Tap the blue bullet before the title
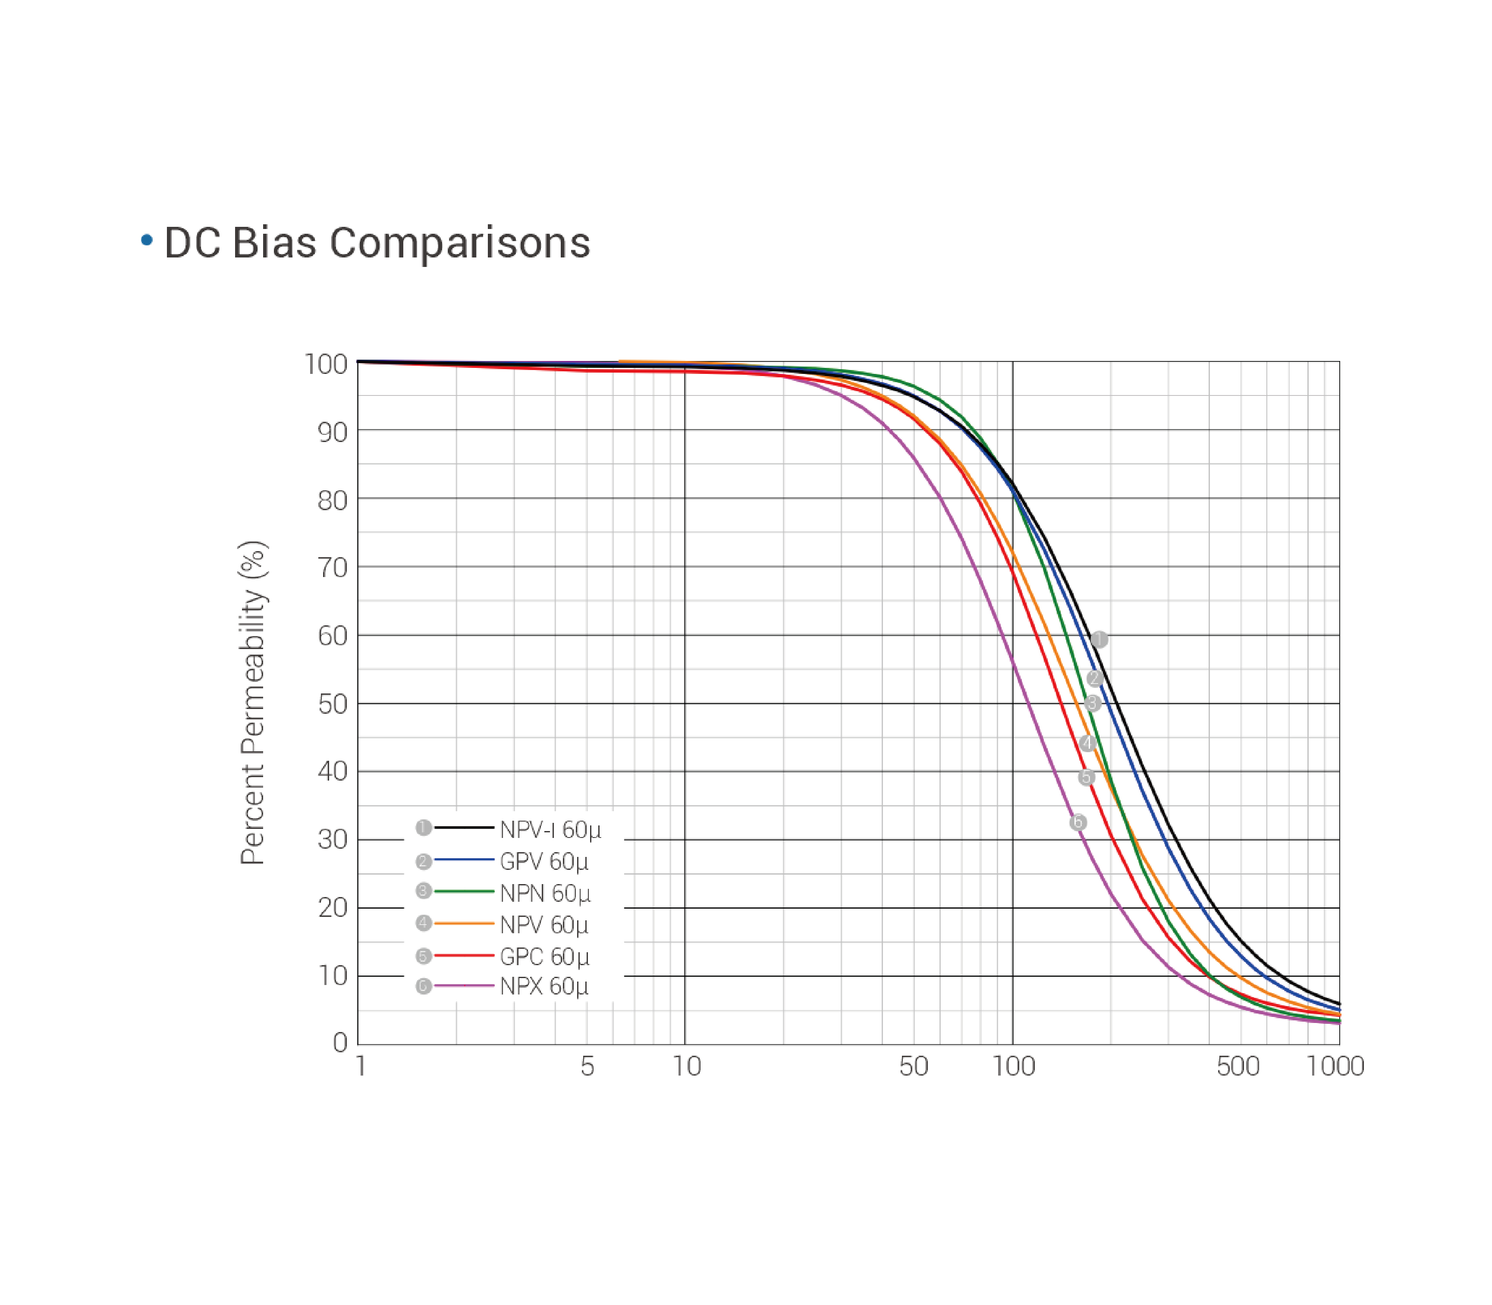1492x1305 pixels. (146, 240)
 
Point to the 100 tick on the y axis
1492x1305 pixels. (325, 364)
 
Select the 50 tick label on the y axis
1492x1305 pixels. (332, 704)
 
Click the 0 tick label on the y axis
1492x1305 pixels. (339, 1043)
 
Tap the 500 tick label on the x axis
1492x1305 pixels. (1238, 1066)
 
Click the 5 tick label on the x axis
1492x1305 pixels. (587, 1066)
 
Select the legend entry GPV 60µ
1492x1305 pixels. (543, 862)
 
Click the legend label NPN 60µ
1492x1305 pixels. (545, 893)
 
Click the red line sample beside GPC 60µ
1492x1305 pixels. (464, 955)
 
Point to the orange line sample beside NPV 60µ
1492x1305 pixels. (464, 923)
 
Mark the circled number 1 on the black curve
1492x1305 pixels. (1099, 640)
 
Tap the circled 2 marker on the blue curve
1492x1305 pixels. (1094, 678)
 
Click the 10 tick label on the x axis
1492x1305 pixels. (686, 1066)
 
